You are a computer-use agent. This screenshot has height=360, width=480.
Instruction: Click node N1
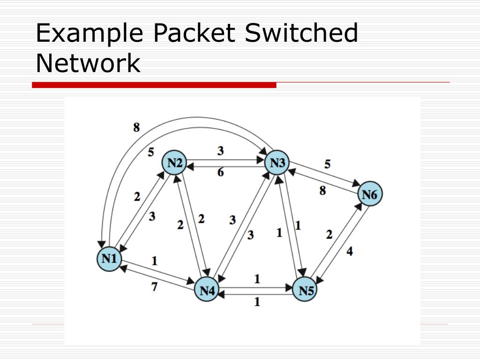coord(109,258)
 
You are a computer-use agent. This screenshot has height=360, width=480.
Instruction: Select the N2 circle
coord(174,163)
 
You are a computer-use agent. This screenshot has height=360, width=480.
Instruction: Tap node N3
coord(277,163)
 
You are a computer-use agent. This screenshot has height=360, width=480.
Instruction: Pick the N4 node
coord(207,291)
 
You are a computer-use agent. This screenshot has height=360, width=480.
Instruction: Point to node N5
coord(305,291)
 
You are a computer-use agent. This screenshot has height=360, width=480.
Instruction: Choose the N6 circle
coord(370,195)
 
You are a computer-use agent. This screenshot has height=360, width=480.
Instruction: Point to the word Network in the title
coord(88,63)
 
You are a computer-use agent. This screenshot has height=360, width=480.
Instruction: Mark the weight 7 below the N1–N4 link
coord(154,286)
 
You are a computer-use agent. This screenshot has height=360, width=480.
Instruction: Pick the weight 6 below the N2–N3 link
coord(220,172)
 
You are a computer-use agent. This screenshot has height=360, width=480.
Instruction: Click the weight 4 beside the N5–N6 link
coord(350,252)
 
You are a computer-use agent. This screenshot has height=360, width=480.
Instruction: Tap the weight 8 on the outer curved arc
coord(136,127)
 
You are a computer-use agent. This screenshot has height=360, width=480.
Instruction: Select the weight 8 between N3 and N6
coord(323,191)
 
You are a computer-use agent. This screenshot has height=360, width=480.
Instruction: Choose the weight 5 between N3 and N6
coord(327,164)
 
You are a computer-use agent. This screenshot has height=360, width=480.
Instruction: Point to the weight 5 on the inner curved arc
coord(151,152)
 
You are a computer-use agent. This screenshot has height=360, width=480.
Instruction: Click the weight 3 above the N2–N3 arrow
coord(220,151)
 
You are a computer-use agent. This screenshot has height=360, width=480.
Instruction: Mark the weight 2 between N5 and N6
coord(329,234)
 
